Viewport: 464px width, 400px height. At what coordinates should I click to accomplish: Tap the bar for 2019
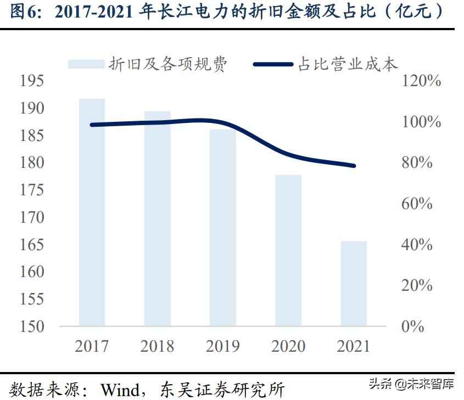[x=222, y=227]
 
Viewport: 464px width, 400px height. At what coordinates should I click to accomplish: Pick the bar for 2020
[x=288, y=250]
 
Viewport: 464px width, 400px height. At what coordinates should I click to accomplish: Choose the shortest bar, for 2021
[x=354, y=283]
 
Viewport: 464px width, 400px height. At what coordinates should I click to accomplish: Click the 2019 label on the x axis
[x=222, y=346]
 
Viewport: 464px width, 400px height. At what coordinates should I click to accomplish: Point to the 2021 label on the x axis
[x=354, y=346]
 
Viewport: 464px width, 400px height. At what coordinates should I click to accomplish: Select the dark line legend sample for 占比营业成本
[x=273, y=64]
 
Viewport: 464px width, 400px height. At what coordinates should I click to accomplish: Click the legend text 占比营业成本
[x=347, y=64]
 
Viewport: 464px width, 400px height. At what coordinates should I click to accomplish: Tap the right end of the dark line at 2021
[x=354, y=165]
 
